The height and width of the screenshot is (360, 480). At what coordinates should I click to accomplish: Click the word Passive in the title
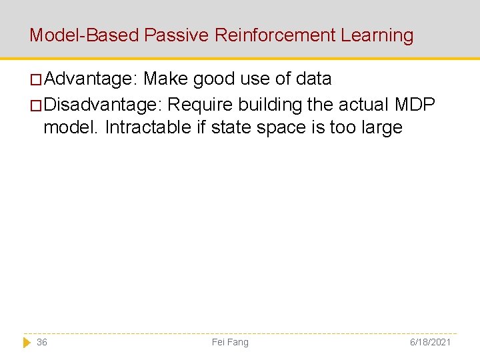[x=176, y=35]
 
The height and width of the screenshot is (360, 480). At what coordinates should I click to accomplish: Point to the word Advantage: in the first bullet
[x=91, y=79]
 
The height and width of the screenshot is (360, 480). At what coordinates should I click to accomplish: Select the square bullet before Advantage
[x=37, y=80]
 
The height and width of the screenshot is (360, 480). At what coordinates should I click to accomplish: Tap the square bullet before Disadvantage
[x=37, y=106]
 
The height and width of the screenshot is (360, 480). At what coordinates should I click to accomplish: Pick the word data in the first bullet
[x=313, y=79]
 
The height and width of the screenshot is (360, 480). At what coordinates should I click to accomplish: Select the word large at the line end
[x=381, y=127]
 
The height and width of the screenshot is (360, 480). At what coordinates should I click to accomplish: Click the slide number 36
[x=42, y=342]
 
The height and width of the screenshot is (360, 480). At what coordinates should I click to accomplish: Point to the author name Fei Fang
[x=230, y=342]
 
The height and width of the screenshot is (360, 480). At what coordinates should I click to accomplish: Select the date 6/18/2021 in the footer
[x=430, y=342]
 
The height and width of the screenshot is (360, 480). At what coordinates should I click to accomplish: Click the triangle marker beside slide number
[x=27, y=342]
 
